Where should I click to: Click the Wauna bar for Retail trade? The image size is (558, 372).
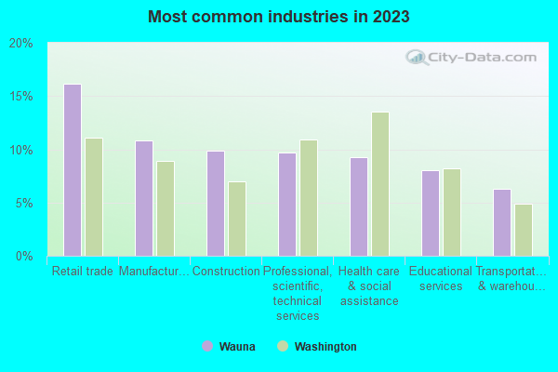click(x=73, y=170)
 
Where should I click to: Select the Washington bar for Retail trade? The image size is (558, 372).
click(x=94, y=197)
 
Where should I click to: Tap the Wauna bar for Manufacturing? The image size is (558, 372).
click(x=144, y=198)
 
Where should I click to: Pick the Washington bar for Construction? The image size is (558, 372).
click(x=237, y=219)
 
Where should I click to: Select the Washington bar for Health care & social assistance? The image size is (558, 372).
click(x=380, y=184)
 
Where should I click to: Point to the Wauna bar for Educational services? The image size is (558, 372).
click(x=431, y=213)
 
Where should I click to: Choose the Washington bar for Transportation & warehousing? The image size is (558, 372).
click(x=524, y=230)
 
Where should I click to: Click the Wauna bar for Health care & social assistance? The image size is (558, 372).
click(x=359, y=206)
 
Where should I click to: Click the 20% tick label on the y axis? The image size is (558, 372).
click(x=20, y=44)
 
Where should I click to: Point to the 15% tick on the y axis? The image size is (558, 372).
click(x=20, y=97)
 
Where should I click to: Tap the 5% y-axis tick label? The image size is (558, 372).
click(x=24, y=203)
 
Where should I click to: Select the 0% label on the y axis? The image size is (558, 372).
click(x=24, y=256)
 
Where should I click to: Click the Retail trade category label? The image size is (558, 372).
click(x=83, y=272)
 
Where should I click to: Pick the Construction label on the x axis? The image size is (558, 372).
click(x=226, y=272)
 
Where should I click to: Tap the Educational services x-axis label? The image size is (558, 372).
click(x=441, y=279)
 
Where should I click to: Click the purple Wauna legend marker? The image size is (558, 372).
click(x=206, y=347)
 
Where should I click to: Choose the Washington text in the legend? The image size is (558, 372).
click(x=325, y=347)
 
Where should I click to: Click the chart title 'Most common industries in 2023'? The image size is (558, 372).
click(x=278, y=17)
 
